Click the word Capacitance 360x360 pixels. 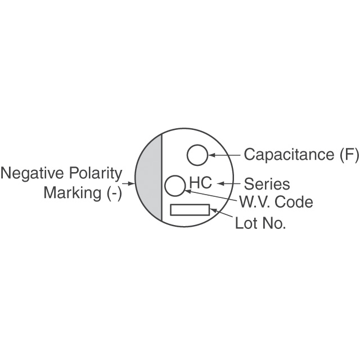(289, 155)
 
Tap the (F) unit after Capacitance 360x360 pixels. (349, 155)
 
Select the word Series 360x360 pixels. (267, 184)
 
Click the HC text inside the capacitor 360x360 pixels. (200, 183)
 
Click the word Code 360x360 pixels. (294, 202)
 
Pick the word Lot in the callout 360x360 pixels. (246, 223)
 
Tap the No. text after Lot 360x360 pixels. (274, 223)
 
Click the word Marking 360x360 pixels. (73, 193)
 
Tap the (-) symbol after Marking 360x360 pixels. (114, 193)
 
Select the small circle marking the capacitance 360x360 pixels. (187, 155)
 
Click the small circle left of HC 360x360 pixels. (165, 186)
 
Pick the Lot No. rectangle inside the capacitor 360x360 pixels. (190, 205)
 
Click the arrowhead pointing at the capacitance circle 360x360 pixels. (211, 155)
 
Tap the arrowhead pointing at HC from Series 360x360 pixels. (220, 183)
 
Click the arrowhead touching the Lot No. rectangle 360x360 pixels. (214, 210)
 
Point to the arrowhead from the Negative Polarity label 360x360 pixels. (131, 183)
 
